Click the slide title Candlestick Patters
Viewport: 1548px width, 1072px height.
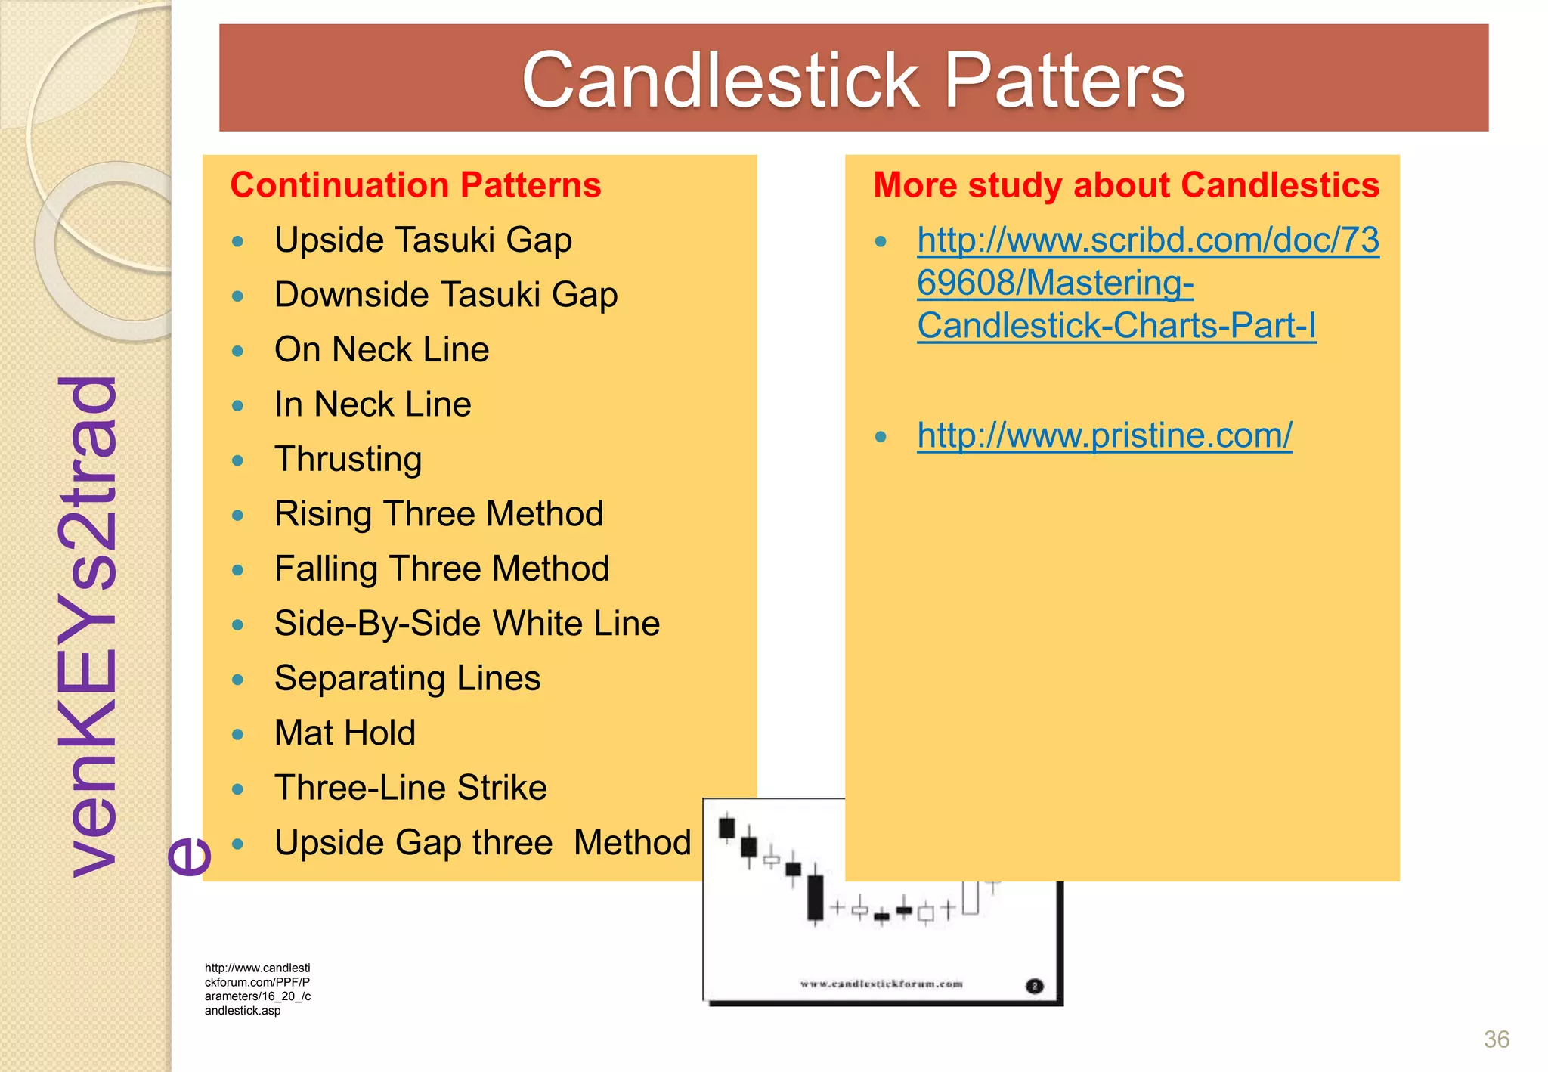853,79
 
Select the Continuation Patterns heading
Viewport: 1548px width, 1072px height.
415,185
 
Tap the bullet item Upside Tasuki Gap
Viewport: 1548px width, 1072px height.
423,240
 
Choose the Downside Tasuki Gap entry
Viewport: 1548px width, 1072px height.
445,294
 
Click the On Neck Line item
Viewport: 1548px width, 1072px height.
381,349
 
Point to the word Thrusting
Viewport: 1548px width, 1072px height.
348,459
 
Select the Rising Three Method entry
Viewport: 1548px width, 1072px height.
438,514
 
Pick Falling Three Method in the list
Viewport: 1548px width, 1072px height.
441,569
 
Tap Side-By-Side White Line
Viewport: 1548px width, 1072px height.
466,624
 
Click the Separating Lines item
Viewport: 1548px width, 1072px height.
407,678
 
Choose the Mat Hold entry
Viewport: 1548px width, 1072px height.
345,733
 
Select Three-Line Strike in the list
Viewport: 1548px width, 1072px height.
410,788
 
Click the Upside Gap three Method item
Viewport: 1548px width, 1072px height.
481,842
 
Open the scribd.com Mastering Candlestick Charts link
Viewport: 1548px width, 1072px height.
1147,283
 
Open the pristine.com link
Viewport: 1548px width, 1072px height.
1104,435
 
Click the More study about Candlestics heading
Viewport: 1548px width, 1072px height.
1125,185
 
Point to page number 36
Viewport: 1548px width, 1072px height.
1496,1039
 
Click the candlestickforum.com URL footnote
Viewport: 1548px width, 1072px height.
257,989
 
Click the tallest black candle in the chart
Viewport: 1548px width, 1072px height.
815,897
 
